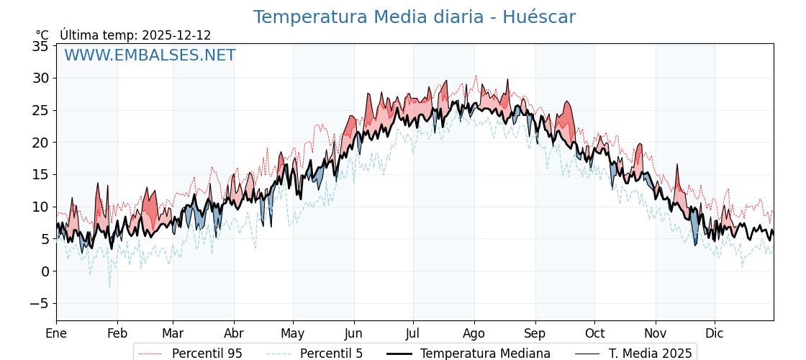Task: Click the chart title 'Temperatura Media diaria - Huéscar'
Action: coord(414,17)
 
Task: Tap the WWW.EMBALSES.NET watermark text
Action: coord(150,55)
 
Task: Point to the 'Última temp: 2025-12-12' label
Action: coord(135,35)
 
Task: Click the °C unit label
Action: coord(42,35)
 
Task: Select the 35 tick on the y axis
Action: coord(40,46)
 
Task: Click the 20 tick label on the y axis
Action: coord(40,143)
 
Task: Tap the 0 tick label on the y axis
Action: coord(45,271)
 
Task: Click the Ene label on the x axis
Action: coord(56,333)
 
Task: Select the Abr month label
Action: coord(234,333)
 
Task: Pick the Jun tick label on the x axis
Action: coord(353,333)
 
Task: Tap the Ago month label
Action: coord(474,333)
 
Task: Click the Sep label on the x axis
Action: coord(535,333)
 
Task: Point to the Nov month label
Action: coord(656,333)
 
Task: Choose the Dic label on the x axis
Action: coord(715,333)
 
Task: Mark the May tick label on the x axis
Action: coord(293,333)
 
